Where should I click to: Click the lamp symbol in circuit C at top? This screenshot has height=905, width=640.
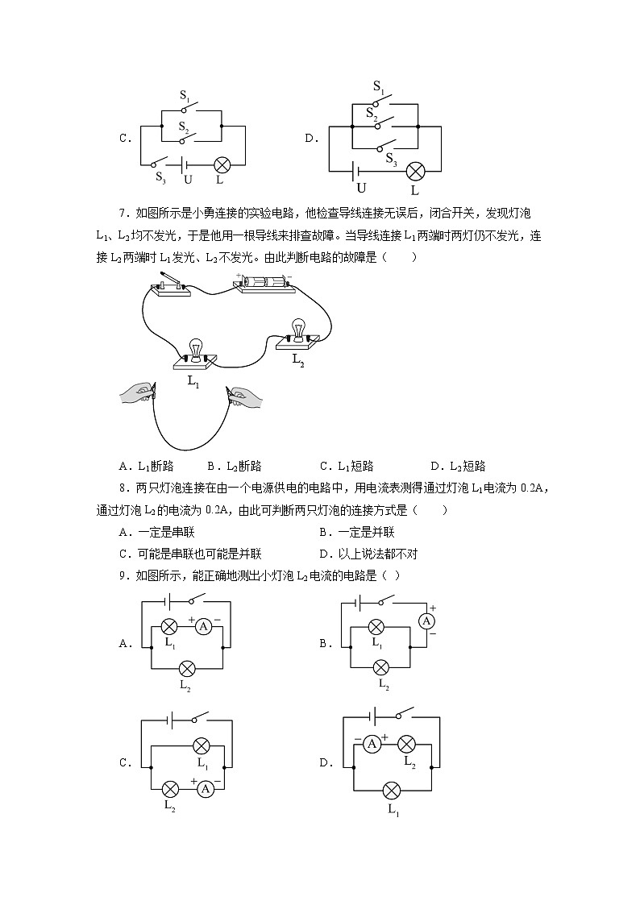(x=222, y=165)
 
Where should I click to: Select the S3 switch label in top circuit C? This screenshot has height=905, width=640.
(x=160, y=178)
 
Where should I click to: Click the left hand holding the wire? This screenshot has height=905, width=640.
(x=136, y=394)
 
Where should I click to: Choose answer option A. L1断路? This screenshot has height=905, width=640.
(x=146, y=466)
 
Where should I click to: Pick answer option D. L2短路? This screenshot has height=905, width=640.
(x=458, y=466)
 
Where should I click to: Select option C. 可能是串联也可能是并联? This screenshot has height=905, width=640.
(x=190, y=554)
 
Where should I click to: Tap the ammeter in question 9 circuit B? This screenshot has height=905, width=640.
(x=428, y=621)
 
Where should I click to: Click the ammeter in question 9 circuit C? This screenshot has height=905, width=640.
(x=206, y=788)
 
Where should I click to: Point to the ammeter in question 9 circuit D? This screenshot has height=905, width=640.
(x=372, y=745)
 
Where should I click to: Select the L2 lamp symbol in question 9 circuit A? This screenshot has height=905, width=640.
(x=187, y=668)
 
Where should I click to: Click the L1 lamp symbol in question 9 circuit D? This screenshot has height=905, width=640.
(x=393, y=790)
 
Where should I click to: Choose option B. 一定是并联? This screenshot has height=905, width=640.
(x=356, y=532)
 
